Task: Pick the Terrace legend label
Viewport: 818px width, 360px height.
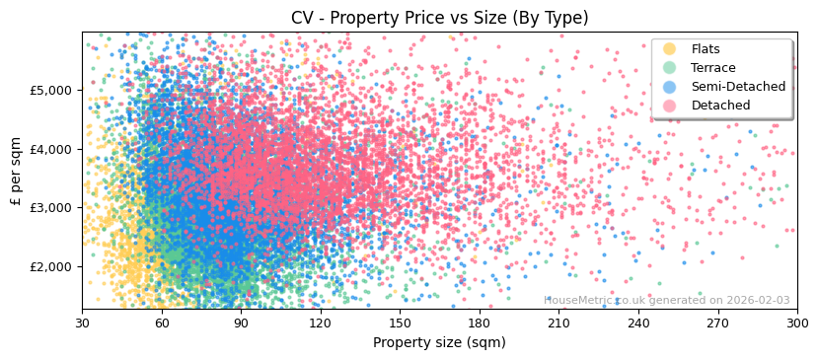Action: [x=713, y=68]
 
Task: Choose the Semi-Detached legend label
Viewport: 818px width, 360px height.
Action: [x=738, y=87]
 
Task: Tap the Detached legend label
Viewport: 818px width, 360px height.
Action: [x=720, y=106]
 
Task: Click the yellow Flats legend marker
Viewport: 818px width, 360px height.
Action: [x=670, y=49]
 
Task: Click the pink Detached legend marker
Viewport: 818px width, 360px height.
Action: [x=670, y=106]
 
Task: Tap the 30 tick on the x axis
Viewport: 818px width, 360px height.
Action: [x=82, y=323]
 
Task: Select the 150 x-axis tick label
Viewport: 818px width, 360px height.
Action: [x=400, y=323]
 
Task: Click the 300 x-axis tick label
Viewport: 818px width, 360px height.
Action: [x=796, y=323]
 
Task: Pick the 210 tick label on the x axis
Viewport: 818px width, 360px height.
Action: [x=558, y=323]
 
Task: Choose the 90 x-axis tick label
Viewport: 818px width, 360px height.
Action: [x=241, y=323]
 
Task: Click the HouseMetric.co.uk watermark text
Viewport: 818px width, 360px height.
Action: [x=666, y=300]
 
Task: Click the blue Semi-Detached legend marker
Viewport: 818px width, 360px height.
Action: [x=670, y=87]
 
